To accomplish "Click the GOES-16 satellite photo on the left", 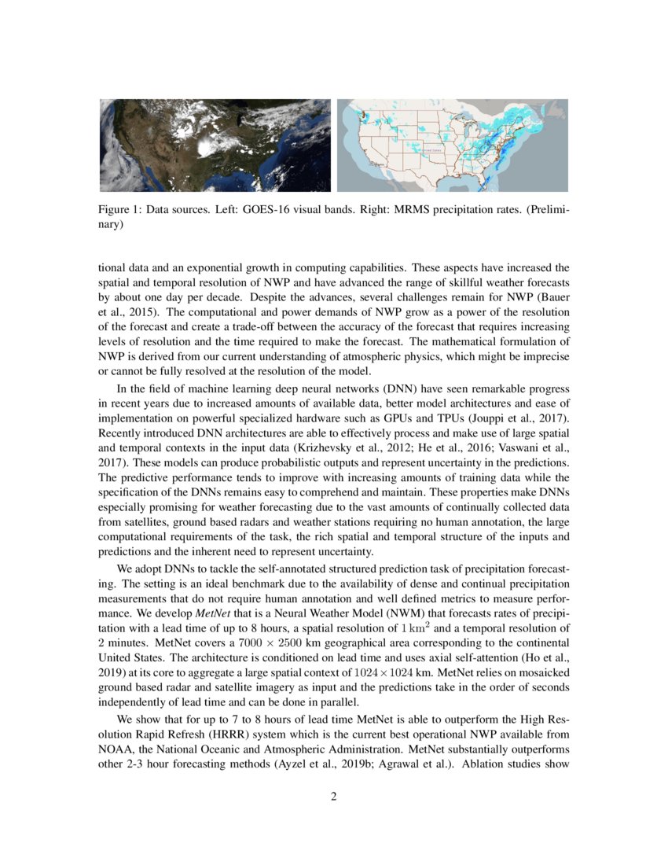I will coord(215,145).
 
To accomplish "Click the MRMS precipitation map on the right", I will coord(453,145).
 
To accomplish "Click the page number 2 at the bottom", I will coord(334,797).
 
